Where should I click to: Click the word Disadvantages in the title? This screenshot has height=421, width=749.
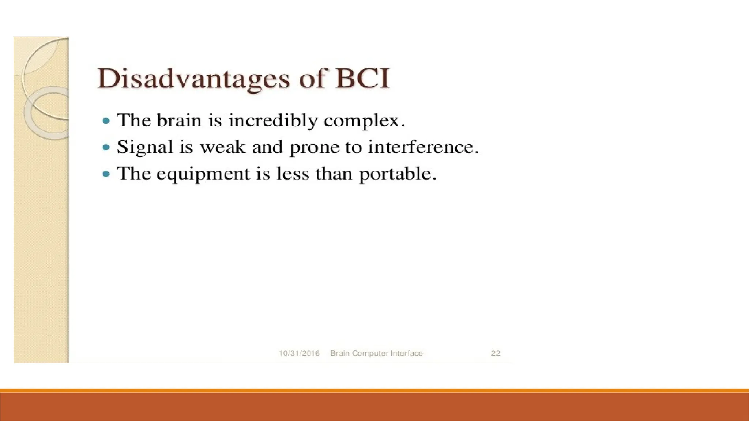(x=193, y=79)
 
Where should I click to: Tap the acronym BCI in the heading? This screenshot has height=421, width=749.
(x=362, y=79)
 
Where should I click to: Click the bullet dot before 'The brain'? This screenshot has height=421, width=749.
(x=106, y=121)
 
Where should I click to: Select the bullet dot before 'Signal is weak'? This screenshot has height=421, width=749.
(x=106, y=148)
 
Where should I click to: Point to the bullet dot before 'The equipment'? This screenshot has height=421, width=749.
(x=106, y=174)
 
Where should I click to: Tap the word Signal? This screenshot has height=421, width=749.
(x=144, y=148)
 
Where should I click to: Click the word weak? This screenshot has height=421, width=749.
(x=222, y=147)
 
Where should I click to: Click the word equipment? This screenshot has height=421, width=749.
(x=203, y=174)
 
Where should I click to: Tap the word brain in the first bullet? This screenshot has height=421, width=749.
(x=179, y=121)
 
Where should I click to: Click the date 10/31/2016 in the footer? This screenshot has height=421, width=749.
(x=299, y=353)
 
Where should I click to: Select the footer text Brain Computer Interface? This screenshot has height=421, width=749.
(x=376, y=353)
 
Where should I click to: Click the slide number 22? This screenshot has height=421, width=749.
(x=495, y=353)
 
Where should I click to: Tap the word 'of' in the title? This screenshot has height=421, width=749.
(x=312, y=79)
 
